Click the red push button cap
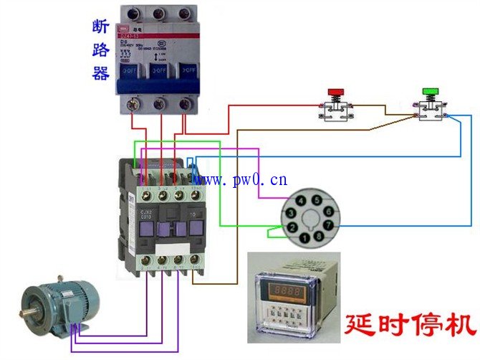click(x=335, y=93)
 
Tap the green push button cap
click(x=431, y=91)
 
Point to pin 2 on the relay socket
click(x=292, y=227)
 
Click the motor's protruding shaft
click(x=27, y=313)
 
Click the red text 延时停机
click(x=410, y=323)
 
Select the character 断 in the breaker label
click(x=100, y=27)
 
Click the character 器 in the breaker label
click(x=100, y=73)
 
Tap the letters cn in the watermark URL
click(x=279, y=179)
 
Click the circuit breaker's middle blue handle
click(x=159, y=72)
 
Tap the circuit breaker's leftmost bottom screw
click(x=132, y=105)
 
